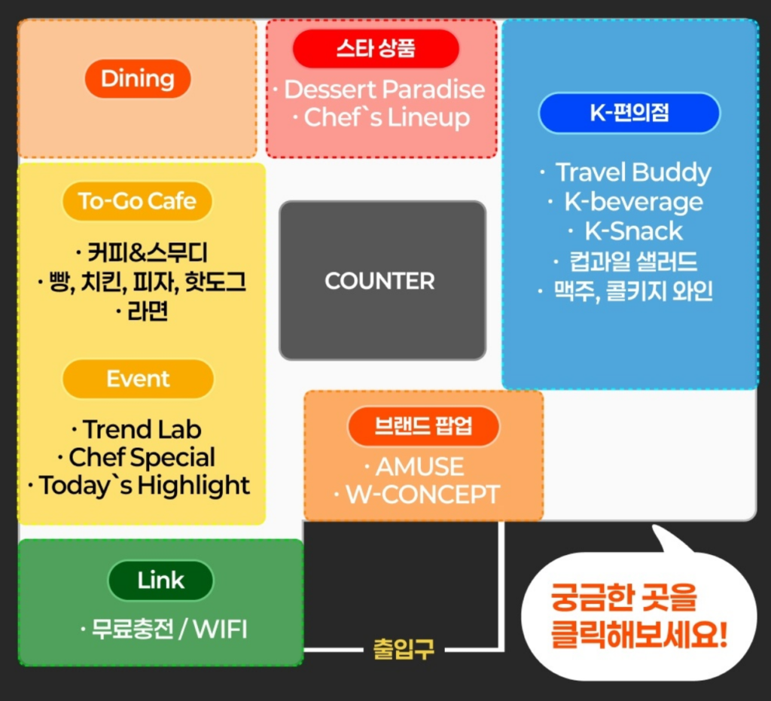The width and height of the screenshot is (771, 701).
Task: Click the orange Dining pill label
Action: (x=138, y=78)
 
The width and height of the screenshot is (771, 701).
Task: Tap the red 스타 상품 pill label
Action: (x=376, y=50)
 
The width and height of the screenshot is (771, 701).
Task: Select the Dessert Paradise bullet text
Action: (x=384, y=90)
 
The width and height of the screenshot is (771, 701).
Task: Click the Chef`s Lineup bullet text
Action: (x=386, y=117)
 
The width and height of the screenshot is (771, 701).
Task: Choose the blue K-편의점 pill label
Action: (x=629, y=113)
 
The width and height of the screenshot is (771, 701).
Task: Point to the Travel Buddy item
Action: (x=632, y=172)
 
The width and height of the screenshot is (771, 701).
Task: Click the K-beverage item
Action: (x=633, y=202)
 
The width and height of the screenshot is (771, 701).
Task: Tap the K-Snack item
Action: (x=633, y=230)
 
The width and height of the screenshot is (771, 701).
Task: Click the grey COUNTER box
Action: (x=382, y=280)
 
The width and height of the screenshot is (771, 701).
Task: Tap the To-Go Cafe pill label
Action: (x=137, y=201)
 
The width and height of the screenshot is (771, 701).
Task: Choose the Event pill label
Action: (x=138, y=379)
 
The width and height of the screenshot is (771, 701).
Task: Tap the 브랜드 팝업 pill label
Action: (x=423, y=425)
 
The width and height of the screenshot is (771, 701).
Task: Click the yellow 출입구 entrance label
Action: (x=404, y=648)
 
